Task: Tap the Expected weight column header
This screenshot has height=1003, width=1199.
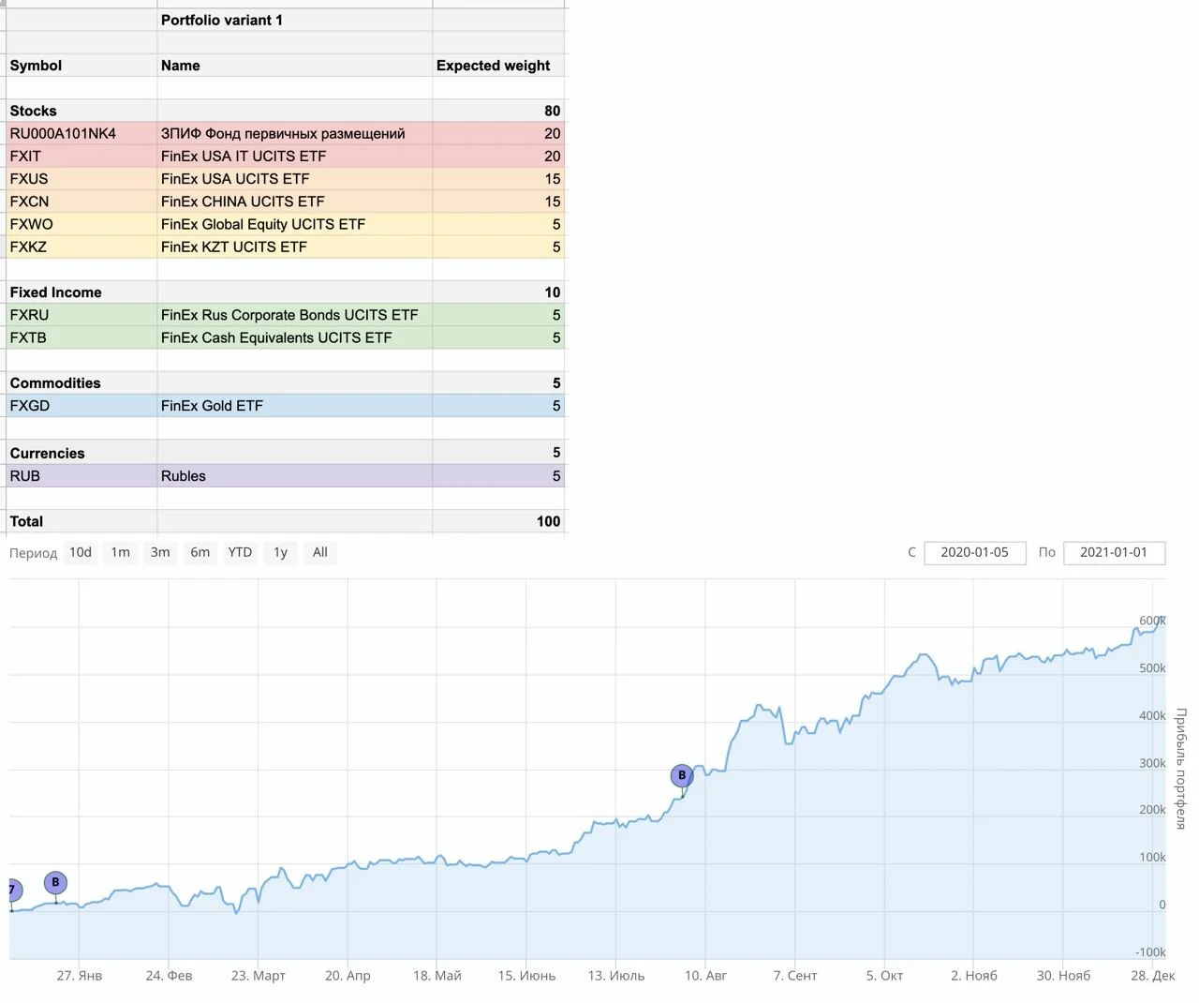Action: point(493,66)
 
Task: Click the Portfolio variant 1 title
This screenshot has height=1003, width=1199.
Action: point(222,20)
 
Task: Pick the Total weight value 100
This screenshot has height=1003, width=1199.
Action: point(548,521)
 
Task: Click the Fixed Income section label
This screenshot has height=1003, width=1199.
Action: point(55,292)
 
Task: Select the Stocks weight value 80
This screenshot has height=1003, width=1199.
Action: point(552,111)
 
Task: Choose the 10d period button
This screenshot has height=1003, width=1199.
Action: point(81,552)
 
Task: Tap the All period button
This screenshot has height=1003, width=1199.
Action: point(319,552)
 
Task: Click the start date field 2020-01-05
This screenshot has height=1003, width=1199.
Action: point(974,552)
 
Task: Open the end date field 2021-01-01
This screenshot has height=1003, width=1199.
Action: point(1114,552)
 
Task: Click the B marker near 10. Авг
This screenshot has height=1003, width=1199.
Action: point(682,775)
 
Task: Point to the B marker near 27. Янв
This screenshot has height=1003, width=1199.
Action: point(55,882)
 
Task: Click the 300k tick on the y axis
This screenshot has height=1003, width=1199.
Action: point(1152,763)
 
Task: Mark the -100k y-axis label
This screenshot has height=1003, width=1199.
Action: point(1150,952)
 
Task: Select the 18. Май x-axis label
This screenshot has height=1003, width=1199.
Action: point(437,976)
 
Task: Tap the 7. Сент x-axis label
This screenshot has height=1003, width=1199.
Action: point(794,976)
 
